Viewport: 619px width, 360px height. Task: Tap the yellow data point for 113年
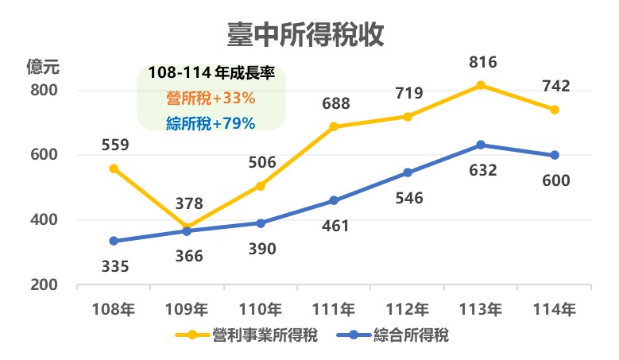click(481, 85)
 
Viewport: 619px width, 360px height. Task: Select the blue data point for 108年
click(114, 241)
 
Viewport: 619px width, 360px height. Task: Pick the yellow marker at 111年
click(334, 126)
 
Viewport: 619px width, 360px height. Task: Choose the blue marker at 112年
click(408, 172)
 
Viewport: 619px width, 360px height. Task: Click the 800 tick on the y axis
click(44, 90)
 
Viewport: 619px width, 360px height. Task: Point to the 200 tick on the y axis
click(44, 285)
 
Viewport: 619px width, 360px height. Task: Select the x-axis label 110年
click(261, 309)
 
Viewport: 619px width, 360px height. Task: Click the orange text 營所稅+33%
click(211, 99)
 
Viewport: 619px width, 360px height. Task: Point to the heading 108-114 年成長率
click(211, 74)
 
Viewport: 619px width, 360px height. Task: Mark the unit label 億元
click(43, 66)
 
